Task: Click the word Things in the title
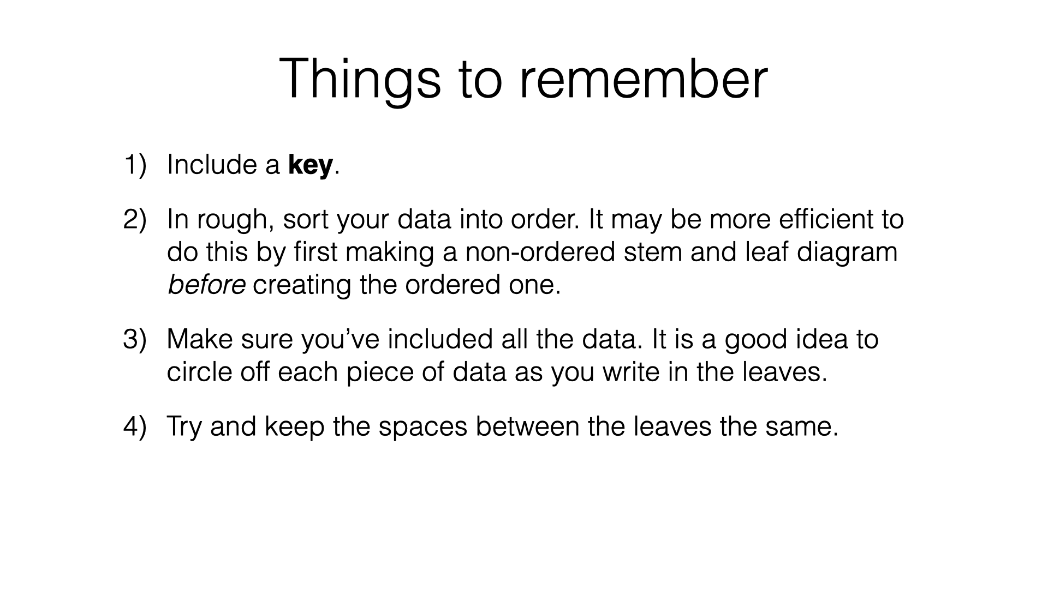click(360, 80)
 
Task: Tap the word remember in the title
click(644, 80)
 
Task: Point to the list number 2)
click(135, 219)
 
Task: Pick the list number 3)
click(135, 339)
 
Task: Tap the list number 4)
click(135, 426)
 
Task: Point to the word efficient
click(815, 219)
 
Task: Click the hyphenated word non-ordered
click(541, 252)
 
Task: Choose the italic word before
click(206, 285)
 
